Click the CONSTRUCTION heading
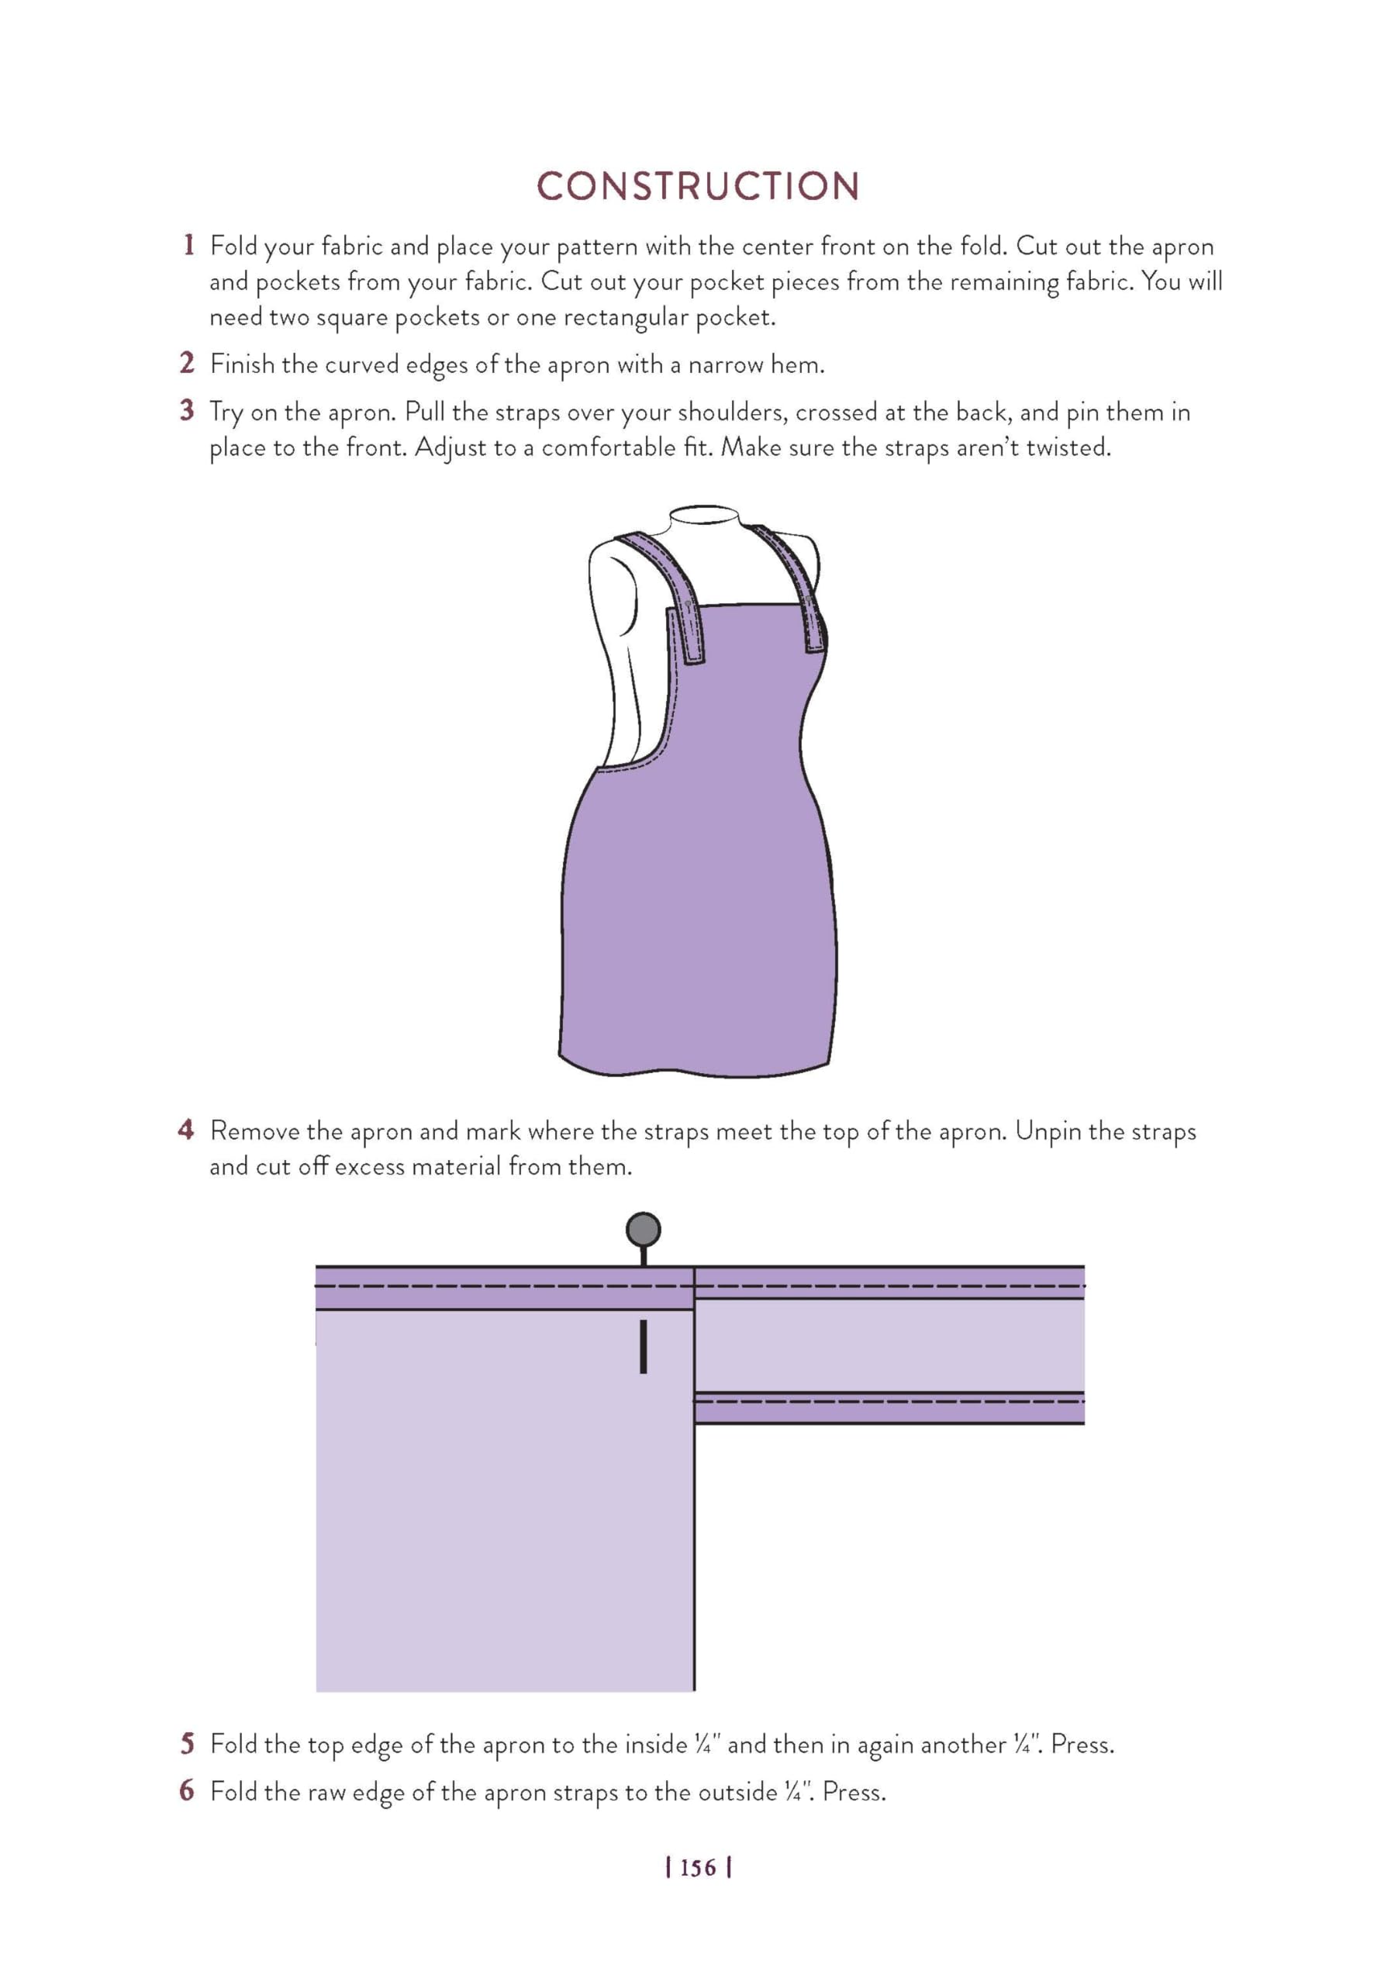(x=698, y=187)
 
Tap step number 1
(x=188, y=245)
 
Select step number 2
(x=187, y=363)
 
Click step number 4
(x=186, y=1129)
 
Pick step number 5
(x=187, y=1743)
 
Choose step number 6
(x=187, y=1790)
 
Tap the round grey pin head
(x=644, y=1228)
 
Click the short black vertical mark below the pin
(x=644, y=1346)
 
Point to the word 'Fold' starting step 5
(x=233, y=1744)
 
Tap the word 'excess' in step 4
(x=369, y=1166)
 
